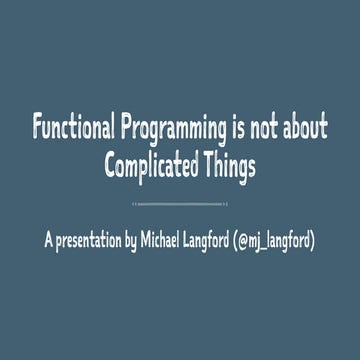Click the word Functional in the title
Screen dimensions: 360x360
pyautogui.click(x=73, y=129)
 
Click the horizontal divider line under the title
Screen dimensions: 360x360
pyautogui.click(x=180, y=203)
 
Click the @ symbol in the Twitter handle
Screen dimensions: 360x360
pyautogui.click(x=284, y=241)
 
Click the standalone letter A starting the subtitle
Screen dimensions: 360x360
pyautogui.click(x=48, y=241)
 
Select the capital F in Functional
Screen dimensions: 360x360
pyautogui.click(x=38, y=129)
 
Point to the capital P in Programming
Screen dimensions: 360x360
pyautogui.click(x=126, y=129)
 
